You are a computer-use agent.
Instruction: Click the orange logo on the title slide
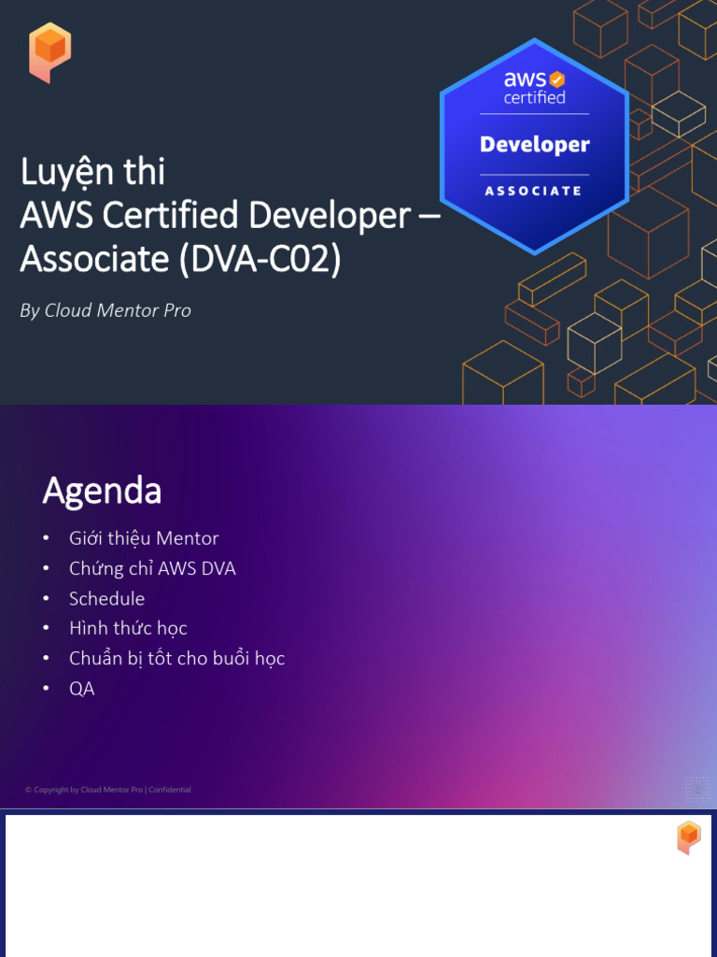point(49,52)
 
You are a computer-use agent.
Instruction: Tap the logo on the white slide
point(688,836)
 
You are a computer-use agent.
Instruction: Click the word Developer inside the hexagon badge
point(535,145)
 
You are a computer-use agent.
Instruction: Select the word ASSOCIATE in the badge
point(534,191)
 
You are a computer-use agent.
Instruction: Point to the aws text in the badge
point(525,79)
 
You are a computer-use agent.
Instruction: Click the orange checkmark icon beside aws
point(556,79)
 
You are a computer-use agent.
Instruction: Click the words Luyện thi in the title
point(92,172)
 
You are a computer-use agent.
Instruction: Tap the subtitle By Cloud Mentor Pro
point(105,310)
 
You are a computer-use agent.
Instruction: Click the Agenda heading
point(102,490)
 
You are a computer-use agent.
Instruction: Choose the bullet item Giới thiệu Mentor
point(143,538)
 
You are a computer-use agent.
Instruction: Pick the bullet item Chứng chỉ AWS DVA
point(152,568)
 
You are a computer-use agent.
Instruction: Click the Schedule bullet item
point(106,598)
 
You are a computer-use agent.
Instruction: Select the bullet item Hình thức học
point(128,628)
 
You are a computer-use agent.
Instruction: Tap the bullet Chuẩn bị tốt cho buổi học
point(176,658)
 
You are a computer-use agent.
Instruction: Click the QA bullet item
point(81,689)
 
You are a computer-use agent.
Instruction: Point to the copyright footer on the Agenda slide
point(107,790)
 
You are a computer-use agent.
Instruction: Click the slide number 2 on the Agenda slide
point(697,790)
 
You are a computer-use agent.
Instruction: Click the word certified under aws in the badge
point(535,97)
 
